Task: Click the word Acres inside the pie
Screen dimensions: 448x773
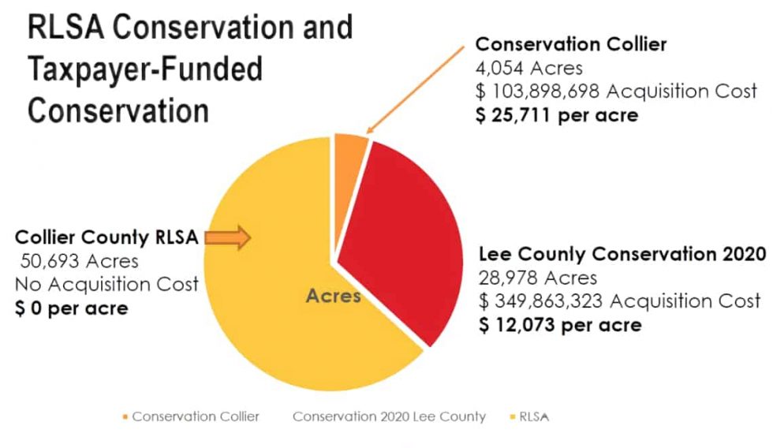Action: tap(334, 297)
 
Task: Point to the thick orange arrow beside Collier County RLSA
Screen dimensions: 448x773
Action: tap(230, 237)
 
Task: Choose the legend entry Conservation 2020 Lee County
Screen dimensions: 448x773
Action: tap(389, 416)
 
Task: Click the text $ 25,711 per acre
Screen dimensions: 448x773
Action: tap(557, 114)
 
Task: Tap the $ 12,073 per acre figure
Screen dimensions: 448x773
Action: tap(560, 324)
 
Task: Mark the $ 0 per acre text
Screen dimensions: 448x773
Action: tap(71, 307)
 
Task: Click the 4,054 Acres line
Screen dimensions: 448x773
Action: tap(528, 68)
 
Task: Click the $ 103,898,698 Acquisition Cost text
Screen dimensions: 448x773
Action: tap(615, 91)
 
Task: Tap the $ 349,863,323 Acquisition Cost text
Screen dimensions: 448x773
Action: tap(620, 301)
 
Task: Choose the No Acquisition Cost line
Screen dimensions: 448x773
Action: tap(106, 283)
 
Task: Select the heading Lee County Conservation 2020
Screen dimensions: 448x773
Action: tap(622, 254)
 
